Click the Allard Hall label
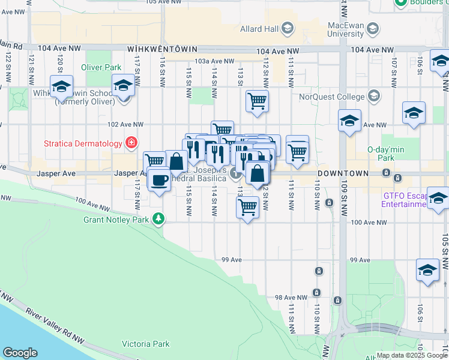coord(261,28)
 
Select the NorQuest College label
coord(332,97)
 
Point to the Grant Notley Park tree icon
coord(158,218)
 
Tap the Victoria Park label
coord(145,344)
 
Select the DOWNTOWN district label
coord(342,173)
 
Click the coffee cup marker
coord(159,179)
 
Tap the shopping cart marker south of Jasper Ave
coord(248,208)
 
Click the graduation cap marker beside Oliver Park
coord(123,86)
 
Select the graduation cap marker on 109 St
coord(349,121)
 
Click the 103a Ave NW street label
coord(214,61)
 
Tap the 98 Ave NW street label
coord(291,298)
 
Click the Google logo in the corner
coord(20,352)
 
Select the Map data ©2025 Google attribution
coord(411,355)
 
